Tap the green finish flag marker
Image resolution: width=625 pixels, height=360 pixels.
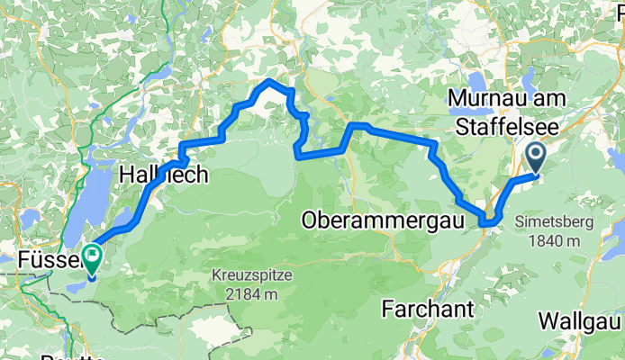[94, 257]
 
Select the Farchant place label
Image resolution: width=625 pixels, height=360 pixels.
[427, 309]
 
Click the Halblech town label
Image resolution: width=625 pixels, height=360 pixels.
[164, 175]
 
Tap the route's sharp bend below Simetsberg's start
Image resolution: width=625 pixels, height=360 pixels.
[488, 220]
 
